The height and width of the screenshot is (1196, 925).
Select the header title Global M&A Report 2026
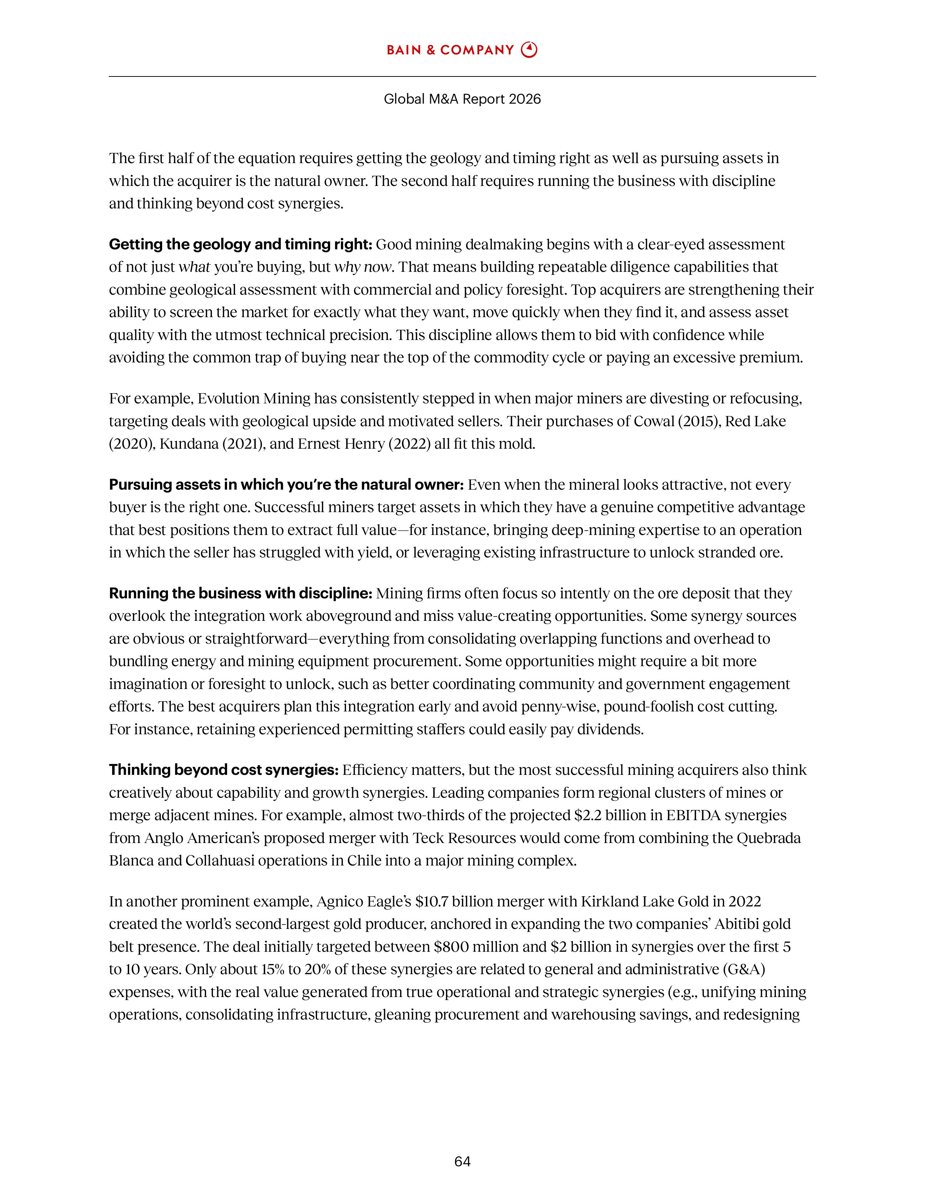462,99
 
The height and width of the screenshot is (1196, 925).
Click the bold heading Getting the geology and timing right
240,244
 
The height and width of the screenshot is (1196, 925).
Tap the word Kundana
189,444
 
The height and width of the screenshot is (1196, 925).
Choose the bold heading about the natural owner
286,485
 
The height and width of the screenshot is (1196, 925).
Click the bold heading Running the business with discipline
240,594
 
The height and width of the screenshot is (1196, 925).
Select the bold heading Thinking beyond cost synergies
223,770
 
